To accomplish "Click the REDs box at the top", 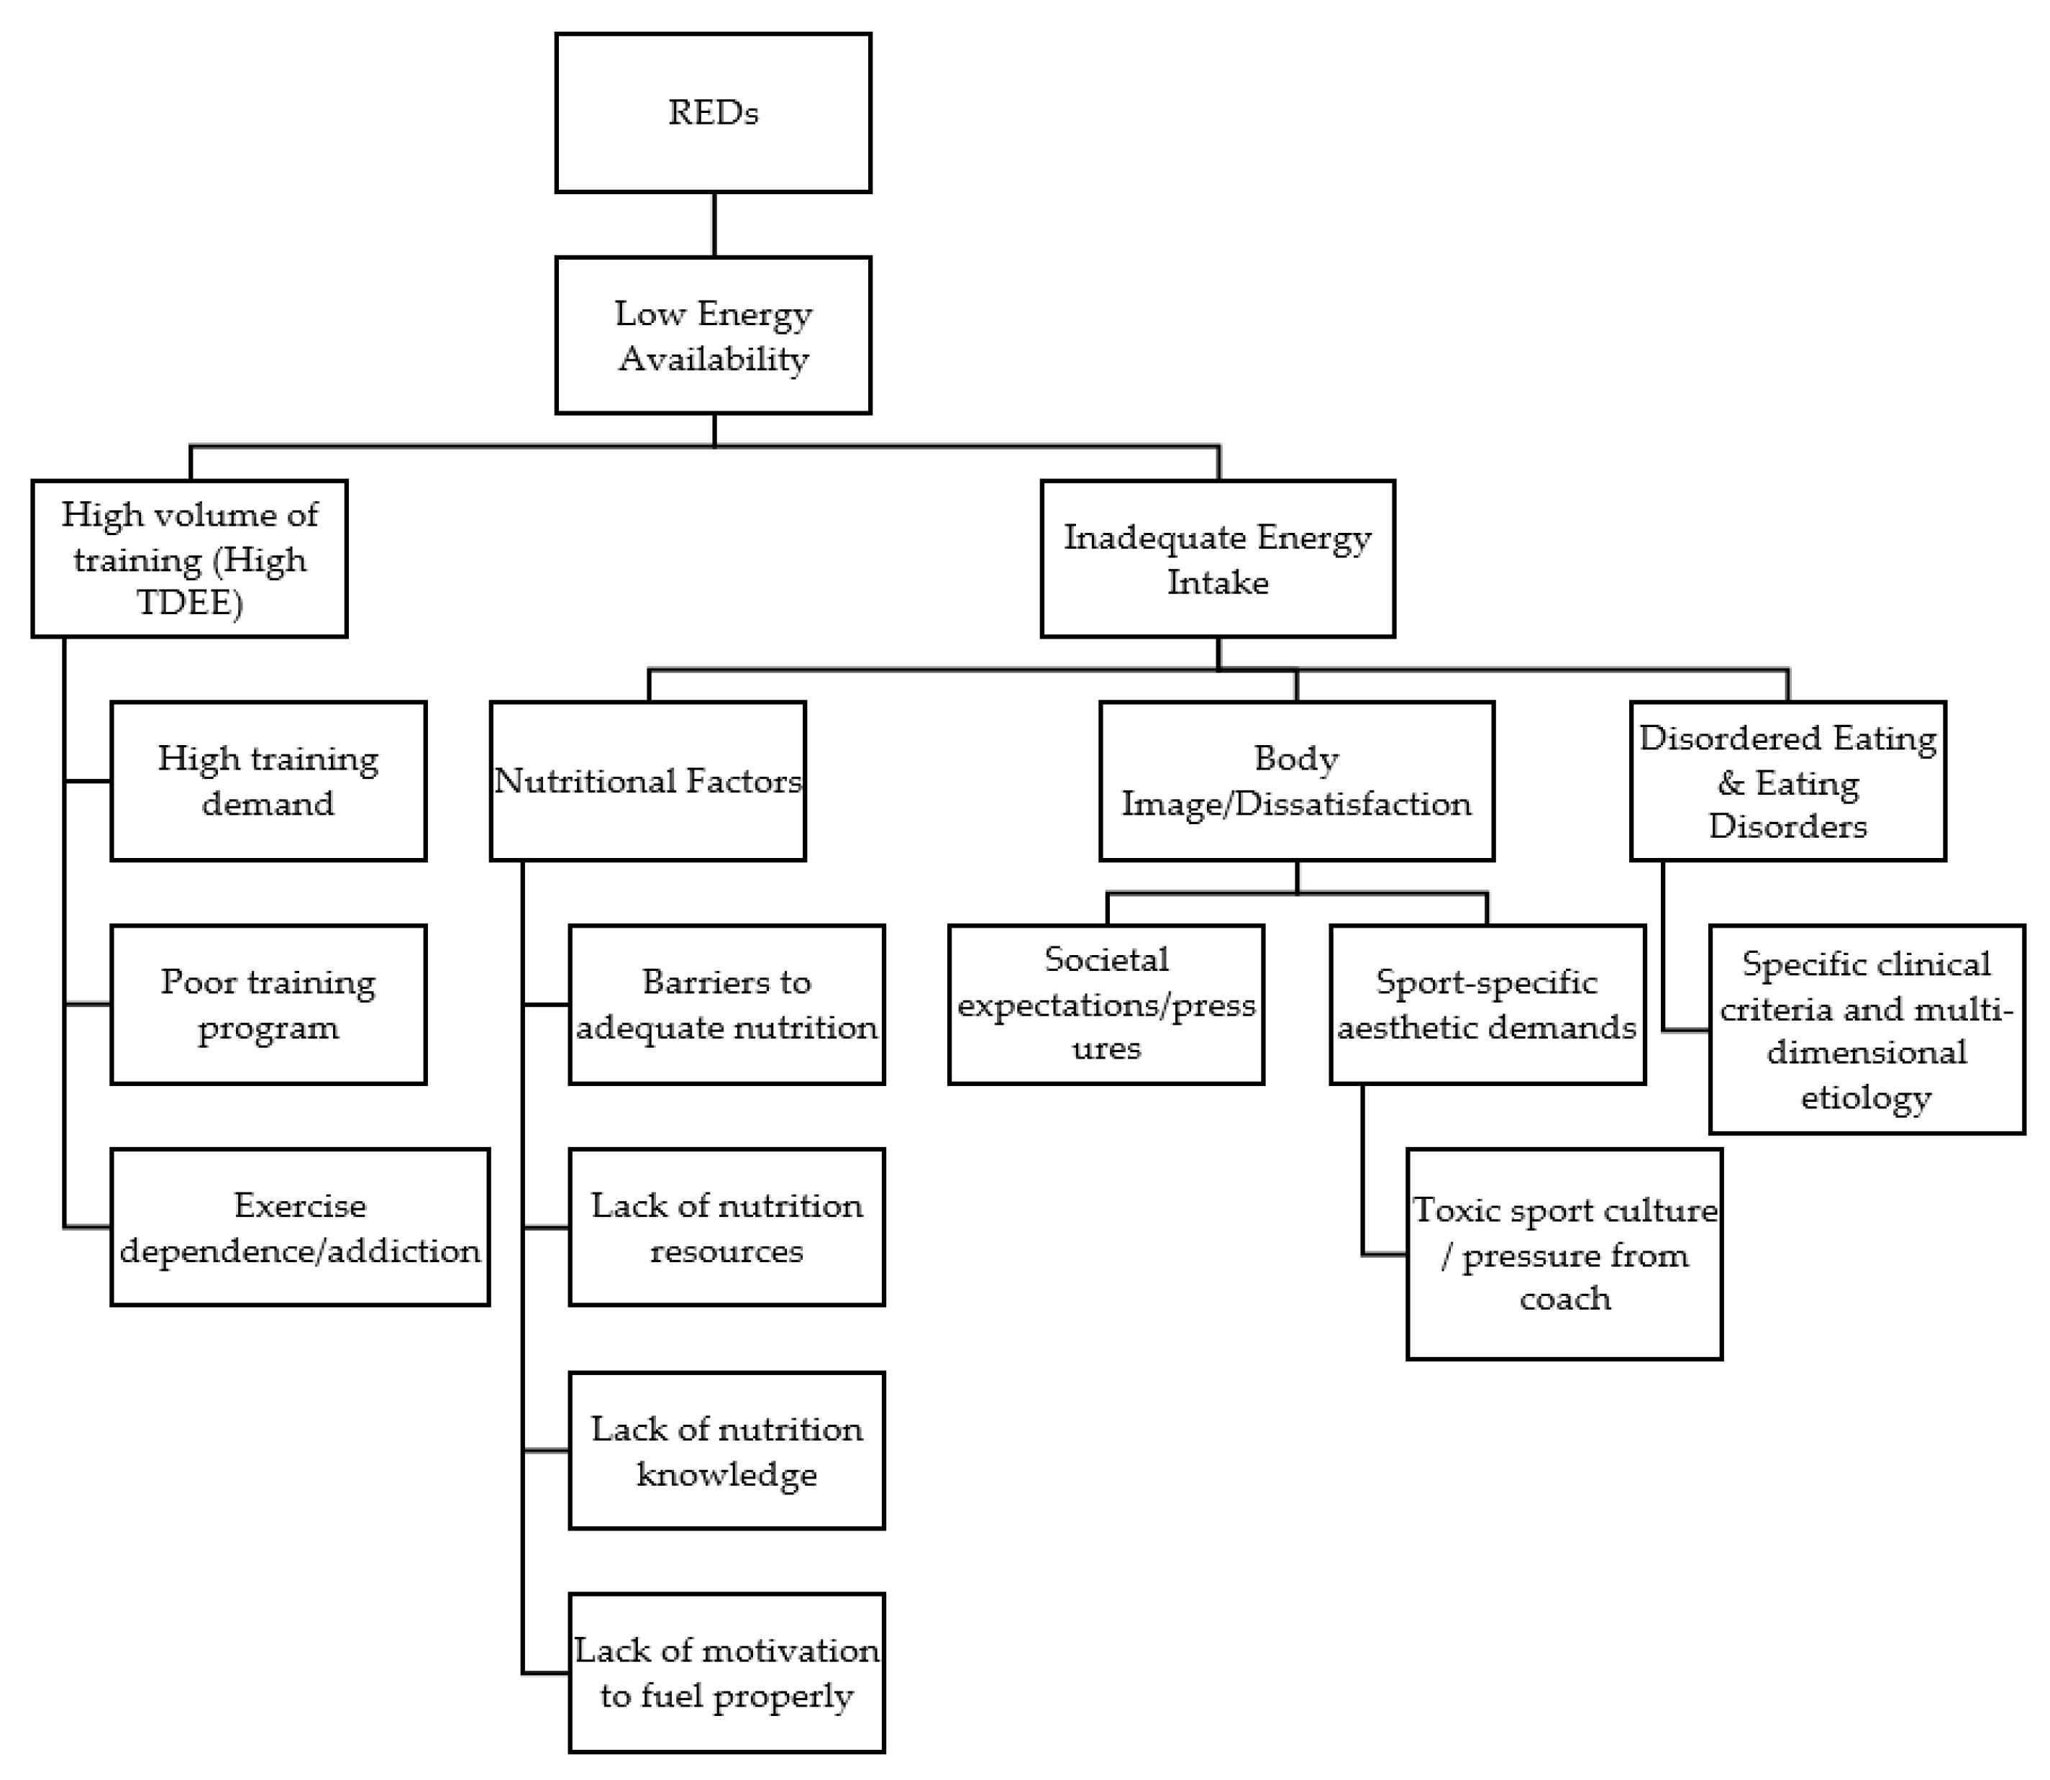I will pyautogui.click(x=713, y=112).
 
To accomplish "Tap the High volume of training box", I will pyautogui.click(x=190, y=558).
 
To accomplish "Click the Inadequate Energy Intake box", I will pyautogui.click(x=1218, y=558).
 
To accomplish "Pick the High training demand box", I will pyautogui.click(x=268, y=781).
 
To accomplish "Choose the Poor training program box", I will pyautogui.click(x=268, y=1004).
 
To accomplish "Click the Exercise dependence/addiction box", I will pyautogui.click(x=300, y=1227).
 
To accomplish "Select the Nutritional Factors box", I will pyautogui.click(x=647, y=781).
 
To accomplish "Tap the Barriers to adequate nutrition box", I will pyautogui.click(x=726, y=1004).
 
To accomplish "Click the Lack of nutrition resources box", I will pyautogui.click(x=726, y=1227).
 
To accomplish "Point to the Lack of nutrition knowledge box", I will pyautogui.click(x=726, y=1450).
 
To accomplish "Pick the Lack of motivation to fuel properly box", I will pyautogui.click(x=726, y=1673).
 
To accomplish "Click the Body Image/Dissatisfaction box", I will pyautogui.click(x=1296, y=781).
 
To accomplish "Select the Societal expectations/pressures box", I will pyautogui.click(x=1106, y=1004).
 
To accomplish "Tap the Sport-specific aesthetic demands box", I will pyautogui.click(x=1487, y=1004).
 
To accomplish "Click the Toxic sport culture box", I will pyautogui.click(x=1564, y=1254).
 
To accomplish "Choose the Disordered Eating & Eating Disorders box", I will pyautogui.click(x=1787, y=781).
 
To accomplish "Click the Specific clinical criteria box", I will pyautogui.click(x=1867, y=1029).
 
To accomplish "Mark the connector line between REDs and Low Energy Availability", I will pyautogui.click(x=714, y=224).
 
